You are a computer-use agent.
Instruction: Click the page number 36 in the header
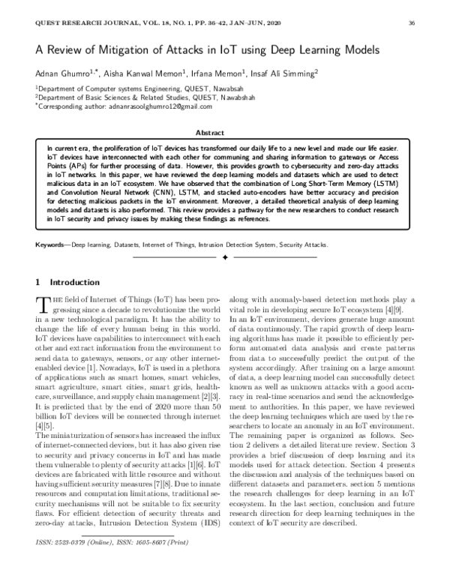coord(411,24)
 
